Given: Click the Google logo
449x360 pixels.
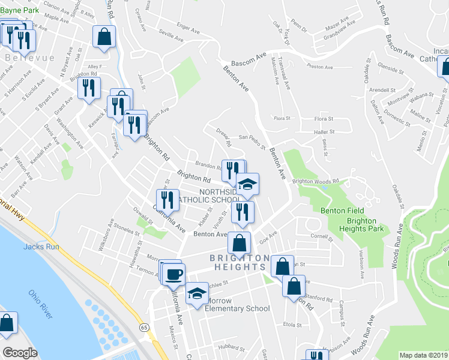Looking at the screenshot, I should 20,353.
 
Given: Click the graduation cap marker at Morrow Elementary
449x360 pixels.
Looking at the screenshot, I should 196,294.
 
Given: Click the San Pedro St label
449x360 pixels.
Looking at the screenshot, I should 252,142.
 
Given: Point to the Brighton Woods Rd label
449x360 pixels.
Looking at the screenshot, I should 316,181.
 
